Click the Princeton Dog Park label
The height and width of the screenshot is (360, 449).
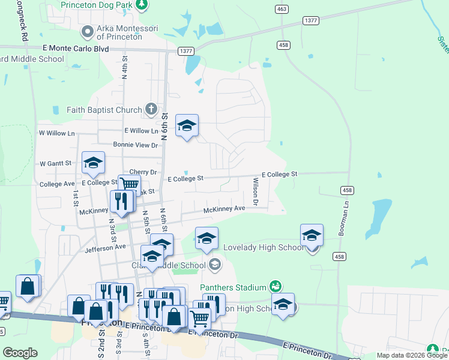click(x=96, y=5)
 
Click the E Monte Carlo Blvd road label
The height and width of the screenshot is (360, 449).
click(x=76, y=48)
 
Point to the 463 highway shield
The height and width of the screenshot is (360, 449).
click(x=282, y=9)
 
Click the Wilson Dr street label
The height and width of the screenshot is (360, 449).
click(x=255, y=191)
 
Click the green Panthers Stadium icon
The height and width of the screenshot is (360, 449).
click(x=276, y=286)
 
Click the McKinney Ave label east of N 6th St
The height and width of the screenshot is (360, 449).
click(x=224, y=209)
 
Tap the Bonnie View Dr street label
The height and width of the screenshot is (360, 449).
click(x=135, y=145)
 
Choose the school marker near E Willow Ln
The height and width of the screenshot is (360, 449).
click(x=187, y=125)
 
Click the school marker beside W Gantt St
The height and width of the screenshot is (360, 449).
click(x=93, y=163)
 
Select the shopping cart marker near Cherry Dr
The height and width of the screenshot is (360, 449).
click(x=129, y=184)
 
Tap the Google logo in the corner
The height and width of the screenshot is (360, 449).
click(x=20, y=353)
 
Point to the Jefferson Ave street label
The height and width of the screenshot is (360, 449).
click(x=106, y=247)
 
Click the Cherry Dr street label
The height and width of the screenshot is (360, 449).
click(x=142, y=172)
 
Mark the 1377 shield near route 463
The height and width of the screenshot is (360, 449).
click(x=311, y=20)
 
